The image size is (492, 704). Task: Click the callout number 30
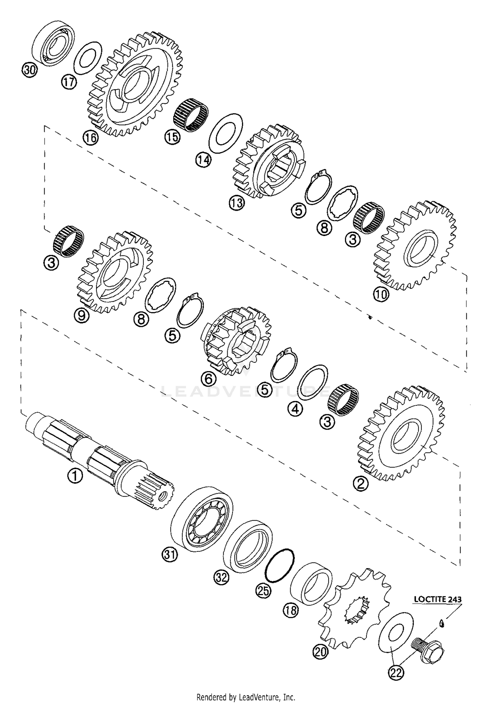pyautogui.click(x=29, y=70)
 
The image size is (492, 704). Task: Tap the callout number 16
pyautogui.click(x=91, y=137)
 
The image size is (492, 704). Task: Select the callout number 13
pyautogui.click(x=237, y=203)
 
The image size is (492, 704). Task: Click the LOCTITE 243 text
pyautogui.click(x=437, y=599)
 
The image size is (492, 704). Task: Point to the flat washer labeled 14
pyautogui.click(x=226, y=133)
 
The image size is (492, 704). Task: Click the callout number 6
pyautogui.click(x=210, y=379)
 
